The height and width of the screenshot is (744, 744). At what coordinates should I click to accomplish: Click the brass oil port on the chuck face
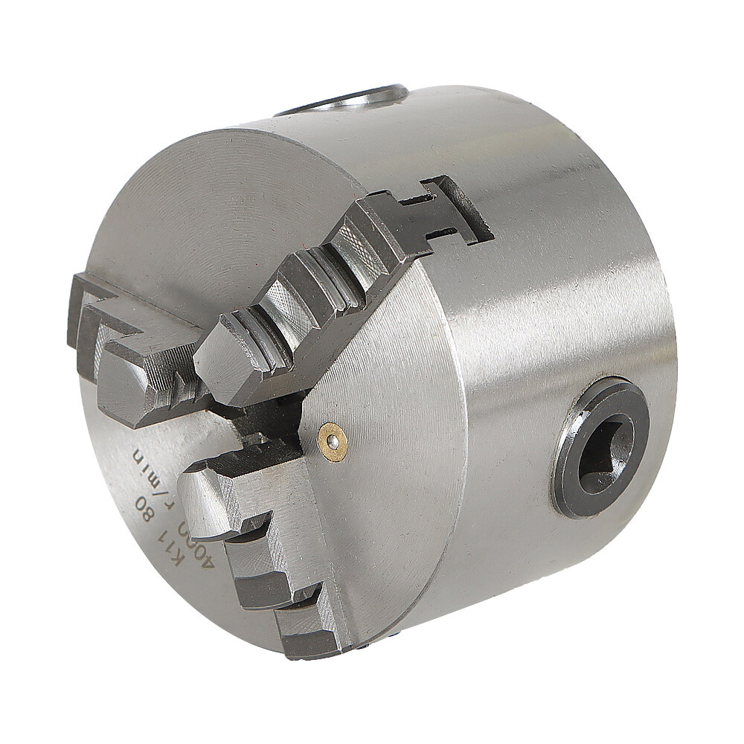(332, 443)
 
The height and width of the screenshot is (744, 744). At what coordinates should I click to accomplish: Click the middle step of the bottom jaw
(260, 565)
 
